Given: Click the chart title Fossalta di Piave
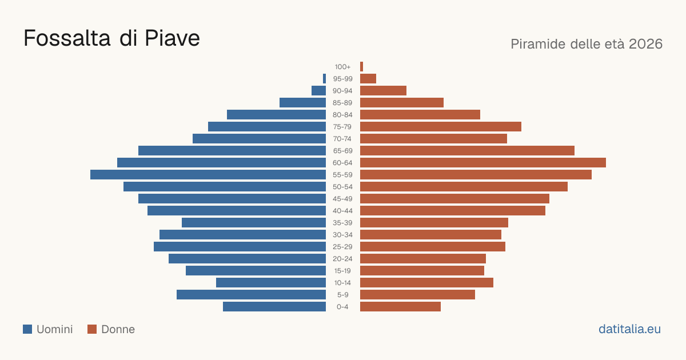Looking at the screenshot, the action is [x=112, y=38].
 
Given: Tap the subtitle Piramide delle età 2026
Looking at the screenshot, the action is [x=587, y=44].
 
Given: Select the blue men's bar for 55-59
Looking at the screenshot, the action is [x=208, y=175].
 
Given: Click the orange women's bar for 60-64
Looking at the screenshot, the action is [x=483, y=162].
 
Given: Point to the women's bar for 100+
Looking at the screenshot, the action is [x=362, y=67].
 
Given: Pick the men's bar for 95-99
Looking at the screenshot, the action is [x=324, y=79].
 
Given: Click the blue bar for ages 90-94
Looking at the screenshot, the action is [x=319, y=91].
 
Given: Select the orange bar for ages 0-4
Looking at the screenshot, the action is [x=400, y=307].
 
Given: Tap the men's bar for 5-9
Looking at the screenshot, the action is [x=251, y=295].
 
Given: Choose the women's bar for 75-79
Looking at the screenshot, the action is [x=441, y=127].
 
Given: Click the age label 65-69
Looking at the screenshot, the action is [x=342, y=151].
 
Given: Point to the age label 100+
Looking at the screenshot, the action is [x=342, y=67].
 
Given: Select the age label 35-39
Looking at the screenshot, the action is [x=342, y=223].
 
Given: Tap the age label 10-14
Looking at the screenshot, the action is [x=342, y=283].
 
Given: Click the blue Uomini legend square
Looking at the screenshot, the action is [x=27, y=329].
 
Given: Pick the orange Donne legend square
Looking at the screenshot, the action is [x=92, y=329].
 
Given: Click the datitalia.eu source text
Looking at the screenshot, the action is [x=629, y=329].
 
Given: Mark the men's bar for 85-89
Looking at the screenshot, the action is [x=302, y=102].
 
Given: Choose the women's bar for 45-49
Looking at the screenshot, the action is [x=455, y=199].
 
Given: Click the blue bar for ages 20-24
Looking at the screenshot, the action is [x=247, y=259].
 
